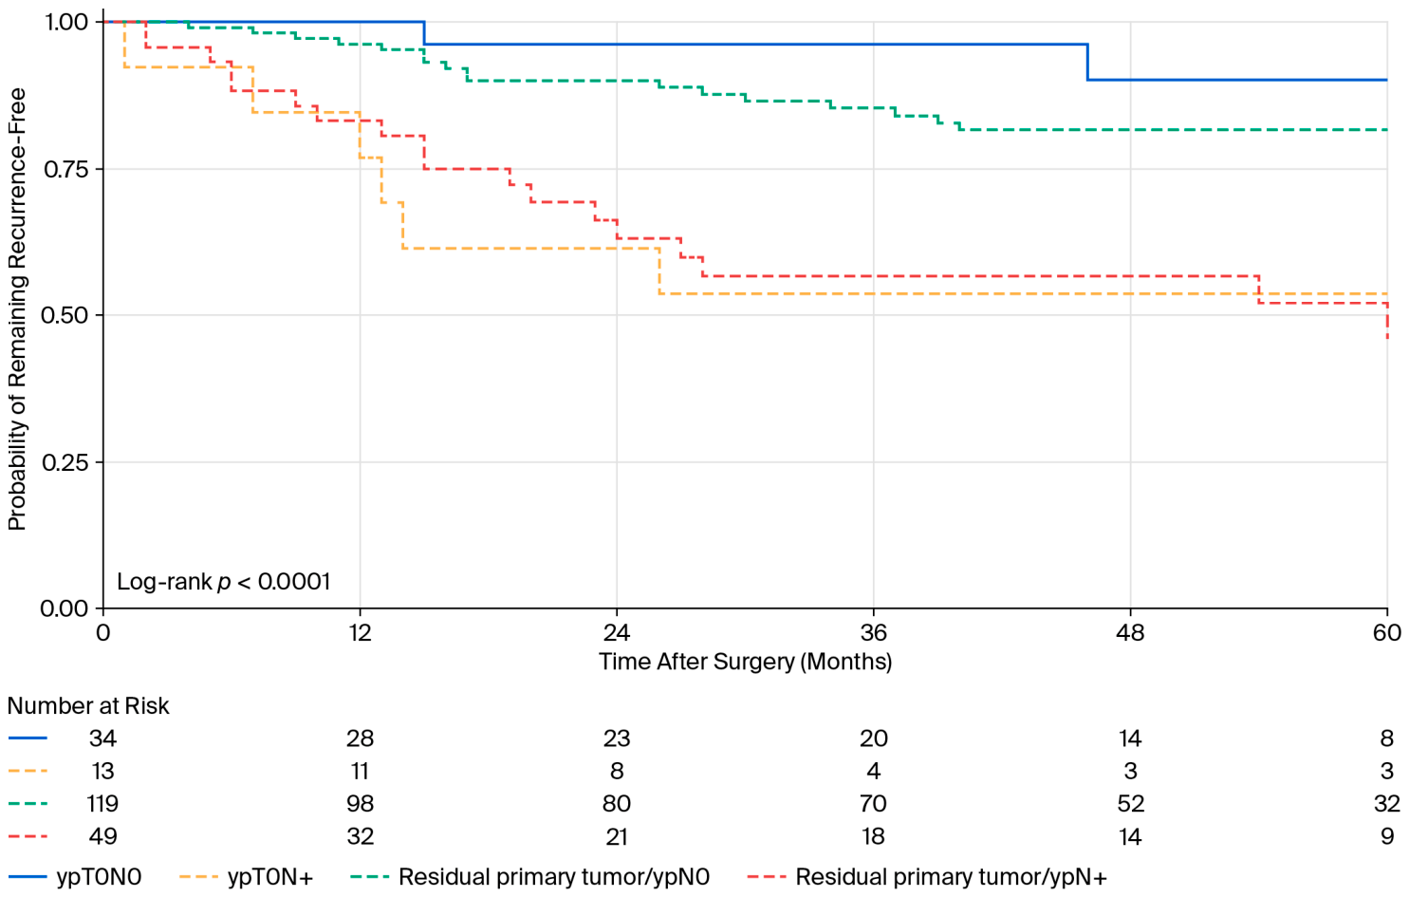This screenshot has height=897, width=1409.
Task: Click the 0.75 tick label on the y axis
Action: [x=65, y=169]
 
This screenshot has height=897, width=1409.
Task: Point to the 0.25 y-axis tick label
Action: [x=65, y=462]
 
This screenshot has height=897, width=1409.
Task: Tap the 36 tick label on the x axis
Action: [x=874, y=632]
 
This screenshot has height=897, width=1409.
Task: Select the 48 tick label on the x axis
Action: [x=1130, y=632]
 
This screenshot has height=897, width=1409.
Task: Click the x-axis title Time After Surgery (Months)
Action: [x=746, y=663]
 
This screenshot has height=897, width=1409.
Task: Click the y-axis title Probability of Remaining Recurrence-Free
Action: [x=17, y=309]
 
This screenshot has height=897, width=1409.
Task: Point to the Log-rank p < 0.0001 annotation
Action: [x=223, y=582]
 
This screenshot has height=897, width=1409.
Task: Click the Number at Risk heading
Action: [x=88, y=706]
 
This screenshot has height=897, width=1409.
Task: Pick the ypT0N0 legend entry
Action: [x=76, y=877]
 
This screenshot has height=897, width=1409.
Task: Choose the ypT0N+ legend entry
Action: [x=246, y=877]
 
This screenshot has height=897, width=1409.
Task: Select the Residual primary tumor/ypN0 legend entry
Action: [x=529, y=877]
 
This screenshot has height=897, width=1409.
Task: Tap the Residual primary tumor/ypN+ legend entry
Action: [x=927, y=877]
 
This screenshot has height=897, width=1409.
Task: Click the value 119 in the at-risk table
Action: [x=102, y=804]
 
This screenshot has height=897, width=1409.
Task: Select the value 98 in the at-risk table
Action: [x=360, y=804]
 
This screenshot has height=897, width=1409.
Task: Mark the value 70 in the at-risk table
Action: [x=874, y=804]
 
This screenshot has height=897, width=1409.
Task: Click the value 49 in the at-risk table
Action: [x=102, y=836]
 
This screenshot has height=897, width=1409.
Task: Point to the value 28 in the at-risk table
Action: [x=360, y=738]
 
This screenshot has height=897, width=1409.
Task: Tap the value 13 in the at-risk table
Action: [x=102, y=771]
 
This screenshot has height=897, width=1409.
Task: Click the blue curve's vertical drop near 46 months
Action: [x=1087, y=63]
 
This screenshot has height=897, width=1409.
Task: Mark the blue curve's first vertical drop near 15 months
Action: [x=424, y=33]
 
